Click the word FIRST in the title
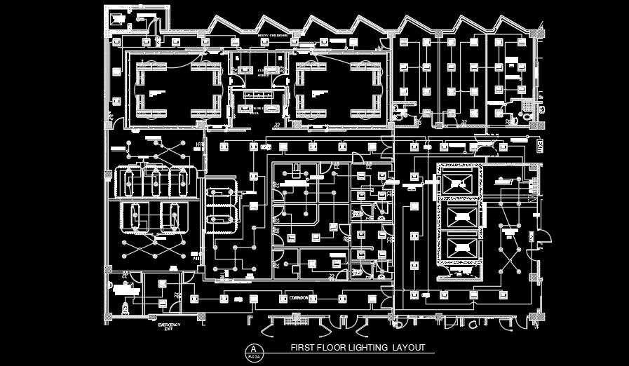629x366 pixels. tap(301, 348)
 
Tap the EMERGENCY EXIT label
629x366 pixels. tap(169, 327)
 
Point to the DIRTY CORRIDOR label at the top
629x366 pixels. tap(254, 34)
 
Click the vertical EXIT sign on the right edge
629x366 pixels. tap(541, 147)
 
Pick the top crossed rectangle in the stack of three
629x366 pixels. tap(460, 184)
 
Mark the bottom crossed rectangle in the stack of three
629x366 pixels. tap(460, 246)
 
